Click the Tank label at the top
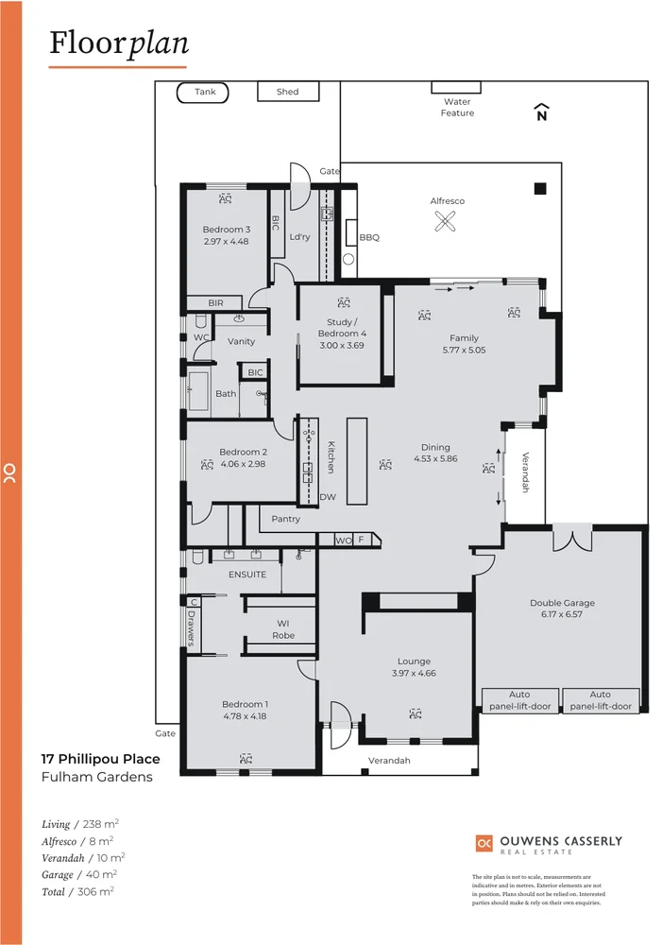tap(205, 92)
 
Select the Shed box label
tap(288, 92)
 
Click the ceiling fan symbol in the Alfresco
tap(446, 222)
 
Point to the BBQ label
tap(368, 238)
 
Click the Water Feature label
tap(457, 107)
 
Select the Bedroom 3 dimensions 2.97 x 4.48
tap(226, 241)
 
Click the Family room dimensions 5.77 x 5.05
tap(464, 350)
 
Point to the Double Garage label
tap(562, 603)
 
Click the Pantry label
tap(285, 519)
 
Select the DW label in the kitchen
tap(328, 497)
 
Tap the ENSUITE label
tap(247, 575)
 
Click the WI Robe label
tap(282, 629)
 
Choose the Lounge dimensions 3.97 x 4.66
tap(414, 674)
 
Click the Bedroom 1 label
tap(245, 704)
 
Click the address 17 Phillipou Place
tap(100, 759)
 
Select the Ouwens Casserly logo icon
tap(484, 843)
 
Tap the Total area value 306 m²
tap(95, 891)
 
